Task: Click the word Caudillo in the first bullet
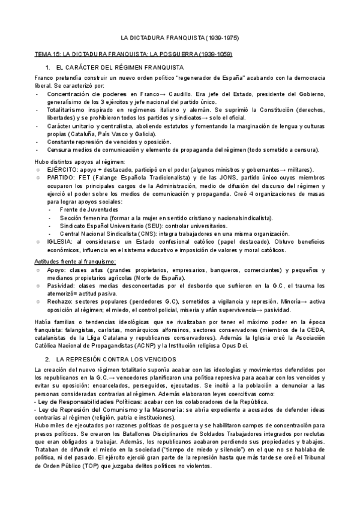tap(187, 95)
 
